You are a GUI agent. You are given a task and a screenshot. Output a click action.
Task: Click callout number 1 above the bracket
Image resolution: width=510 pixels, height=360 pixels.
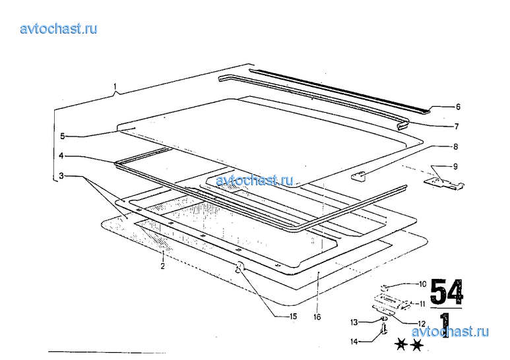115,87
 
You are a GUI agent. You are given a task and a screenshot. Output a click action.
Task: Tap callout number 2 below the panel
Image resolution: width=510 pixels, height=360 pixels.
162,266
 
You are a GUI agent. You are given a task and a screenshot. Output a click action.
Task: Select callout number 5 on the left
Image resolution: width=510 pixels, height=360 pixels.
63,136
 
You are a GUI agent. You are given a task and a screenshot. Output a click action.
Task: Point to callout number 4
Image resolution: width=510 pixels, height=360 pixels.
61,156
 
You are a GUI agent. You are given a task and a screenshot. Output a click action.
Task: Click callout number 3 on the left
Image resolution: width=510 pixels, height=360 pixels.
61,176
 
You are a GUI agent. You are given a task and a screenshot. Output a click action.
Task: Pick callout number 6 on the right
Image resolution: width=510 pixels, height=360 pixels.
458,107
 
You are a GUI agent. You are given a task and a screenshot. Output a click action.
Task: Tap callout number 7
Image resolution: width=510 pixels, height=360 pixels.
457,127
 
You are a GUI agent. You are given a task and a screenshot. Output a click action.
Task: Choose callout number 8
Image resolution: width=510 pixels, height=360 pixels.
455,146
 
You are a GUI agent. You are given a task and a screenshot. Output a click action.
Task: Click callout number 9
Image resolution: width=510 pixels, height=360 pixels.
455,166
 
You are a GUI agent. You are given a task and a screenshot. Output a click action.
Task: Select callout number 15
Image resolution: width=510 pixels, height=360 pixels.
293,316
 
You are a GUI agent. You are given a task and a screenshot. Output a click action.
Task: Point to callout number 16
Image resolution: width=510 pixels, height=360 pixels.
317,316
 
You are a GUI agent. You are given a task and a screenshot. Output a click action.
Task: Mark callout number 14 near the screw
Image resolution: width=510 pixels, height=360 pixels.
354,342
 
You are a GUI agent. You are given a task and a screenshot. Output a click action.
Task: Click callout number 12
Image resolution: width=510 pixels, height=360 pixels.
421,324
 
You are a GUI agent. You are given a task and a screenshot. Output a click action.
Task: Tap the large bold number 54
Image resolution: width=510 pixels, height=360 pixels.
447,291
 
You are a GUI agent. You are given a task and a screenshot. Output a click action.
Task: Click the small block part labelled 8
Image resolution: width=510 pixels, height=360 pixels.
358,177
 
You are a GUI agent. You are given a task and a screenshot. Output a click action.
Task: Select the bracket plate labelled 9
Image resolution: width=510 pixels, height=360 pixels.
444,183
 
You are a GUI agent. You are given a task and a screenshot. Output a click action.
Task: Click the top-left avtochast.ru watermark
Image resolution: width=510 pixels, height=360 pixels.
59,28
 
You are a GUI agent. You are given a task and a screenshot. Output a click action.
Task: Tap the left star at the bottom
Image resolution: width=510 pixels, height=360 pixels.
400,344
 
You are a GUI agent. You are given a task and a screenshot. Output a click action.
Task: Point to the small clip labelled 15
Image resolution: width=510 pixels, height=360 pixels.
240,267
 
